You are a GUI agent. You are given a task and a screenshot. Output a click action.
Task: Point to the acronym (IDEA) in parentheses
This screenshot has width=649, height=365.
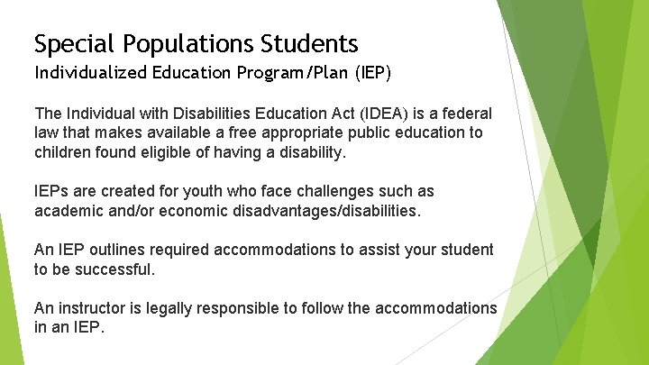[389, 114]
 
